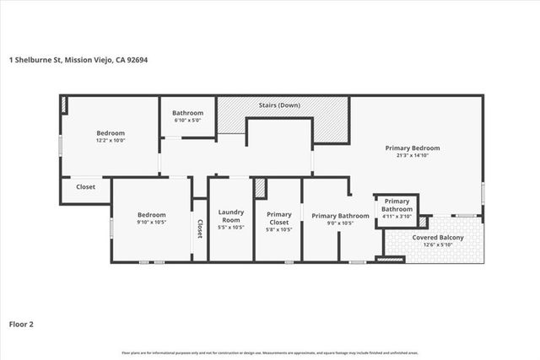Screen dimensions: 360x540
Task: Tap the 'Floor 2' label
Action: (x=21, y=323)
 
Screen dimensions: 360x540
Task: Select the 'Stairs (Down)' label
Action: (x=282, y=105)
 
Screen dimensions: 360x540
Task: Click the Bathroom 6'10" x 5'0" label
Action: (x=187, y=116)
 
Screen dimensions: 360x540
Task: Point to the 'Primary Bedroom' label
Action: (x=413, y=148)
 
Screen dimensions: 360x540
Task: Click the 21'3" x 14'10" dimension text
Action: (x=413, y=156)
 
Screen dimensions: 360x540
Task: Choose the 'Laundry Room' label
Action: (x=230, y=215)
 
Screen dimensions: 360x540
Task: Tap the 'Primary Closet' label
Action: (x=278, y=218)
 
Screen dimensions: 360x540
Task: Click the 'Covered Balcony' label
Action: (x=437, y=237)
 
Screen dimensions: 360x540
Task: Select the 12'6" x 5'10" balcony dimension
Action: (x=437, y=245)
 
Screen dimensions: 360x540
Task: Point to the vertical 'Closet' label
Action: (x=200, y=228)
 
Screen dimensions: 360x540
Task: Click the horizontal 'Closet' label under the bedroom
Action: (x=85, y=187)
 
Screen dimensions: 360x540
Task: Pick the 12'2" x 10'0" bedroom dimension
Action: (x=111, y=141)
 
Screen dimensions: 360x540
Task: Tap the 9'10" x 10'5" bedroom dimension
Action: (x=152, y=223)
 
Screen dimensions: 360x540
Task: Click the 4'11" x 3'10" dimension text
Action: (x=397, y=216)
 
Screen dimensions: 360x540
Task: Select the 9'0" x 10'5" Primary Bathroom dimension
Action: (x=340, y=224)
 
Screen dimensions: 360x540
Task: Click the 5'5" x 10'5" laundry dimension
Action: (x=230, y=228)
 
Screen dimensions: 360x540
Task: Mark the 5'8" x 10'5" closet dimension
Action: (x=278, y=229)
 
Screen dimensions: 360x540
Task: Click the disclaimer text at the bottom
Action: (x=270, y=352)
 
